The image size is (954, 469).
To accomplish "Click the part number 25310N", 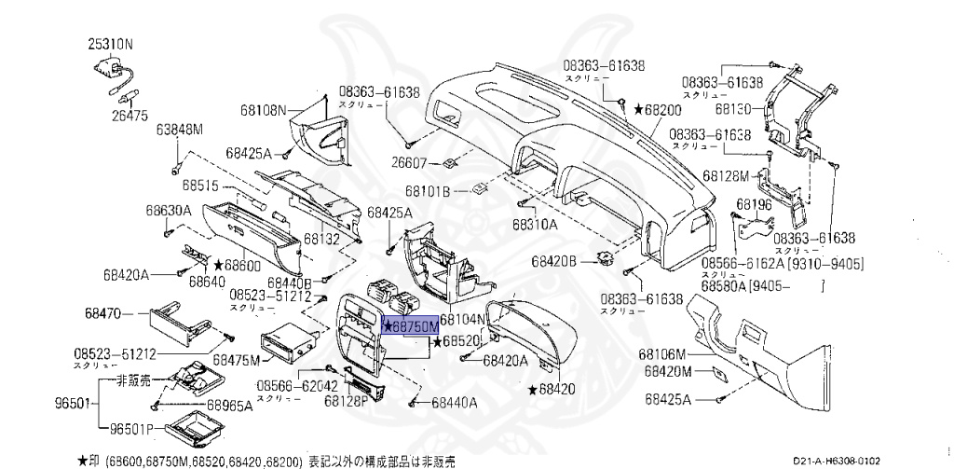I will click(x=111, y=44).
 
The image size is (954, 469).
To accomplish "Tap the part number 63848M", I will click(x=180, y=129).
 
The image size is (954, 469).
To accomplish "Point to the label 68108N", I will click(x=265, y=110).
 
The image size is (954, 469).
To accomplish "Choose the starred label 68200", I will click(x=658, y=109).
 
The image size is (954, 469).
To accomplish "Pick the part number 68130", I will click(x=733, y=108).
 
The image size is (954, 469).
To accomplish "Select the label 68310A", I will click(x=535, y=225).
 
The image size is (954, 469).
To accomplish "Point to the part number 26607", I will click(x=409, y=163).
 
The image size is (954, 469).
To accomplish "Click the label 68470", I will click(x=102, y=312).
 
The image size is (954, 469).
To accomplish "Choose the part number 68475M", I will click(x=236, y=359).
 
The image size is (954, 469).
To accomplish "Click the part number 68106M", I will click(x=662, y=354).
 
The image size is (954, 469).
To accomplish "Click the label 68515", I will click(x=200, y=185).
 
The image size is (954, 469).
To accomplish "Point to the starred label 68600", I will click(x=236, y=266).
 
